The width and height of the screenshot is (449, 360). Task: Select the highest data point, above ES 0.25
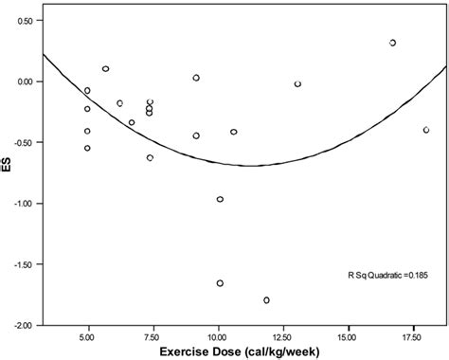392,43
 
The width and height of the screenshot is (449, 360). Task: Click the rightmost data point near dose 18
426,130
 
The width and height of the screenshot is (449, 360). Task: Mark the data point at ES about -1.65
220,283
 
